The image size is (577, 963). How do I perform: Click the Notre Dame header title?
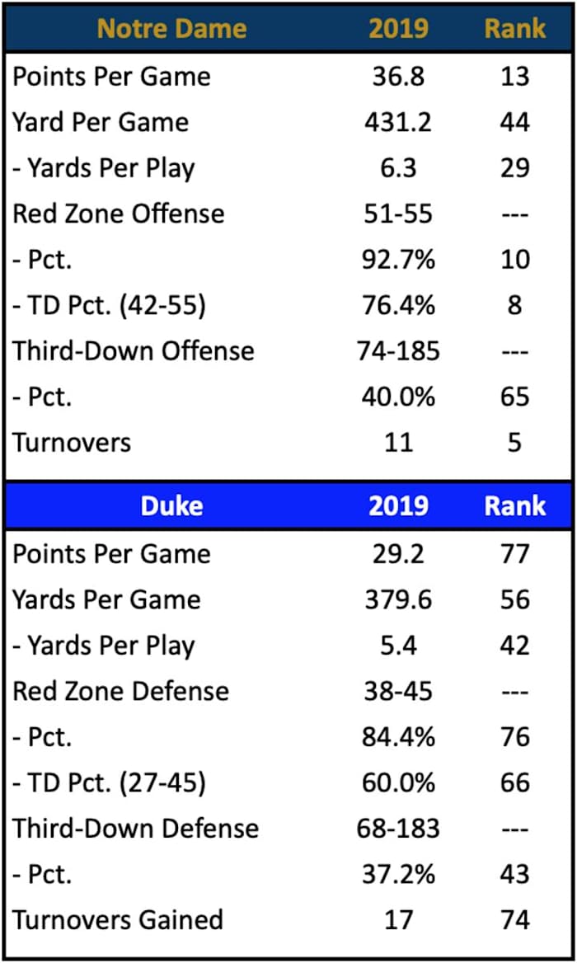point(172,28)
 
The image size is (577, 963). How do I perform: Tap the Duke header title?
point(172,505)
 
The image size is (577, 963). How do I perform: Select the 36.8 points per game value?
point(398,77)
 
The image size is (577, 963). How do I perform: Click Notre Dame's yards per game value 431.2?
point(398,122)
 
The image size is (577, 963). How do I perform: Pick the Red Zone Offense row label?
point(118,214)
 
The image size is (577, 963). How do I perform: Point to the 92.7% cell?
point(398,260)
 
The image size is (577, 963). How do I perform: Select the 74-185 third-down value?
point(399,351)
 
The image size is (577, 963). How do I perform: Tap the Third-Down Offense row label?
point(134,351)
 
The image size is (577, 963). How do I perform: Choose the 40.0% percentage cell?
point(398,397)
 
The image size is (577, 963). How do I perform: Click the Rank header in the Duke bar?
point(514,505)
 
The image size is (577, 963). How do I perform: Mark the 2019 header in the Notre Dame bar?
point(398,28)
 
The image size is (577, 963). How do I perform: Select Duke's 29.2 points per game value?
point(398,553)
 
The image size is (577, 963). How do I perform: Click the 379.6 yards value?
point(398,599)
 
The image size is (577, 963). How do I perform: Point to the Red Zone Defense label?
point(120,691)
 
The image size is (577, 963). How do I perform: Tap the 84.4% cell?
point(398,736)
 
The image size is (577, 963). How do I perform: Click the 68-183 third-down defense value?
point(399,828)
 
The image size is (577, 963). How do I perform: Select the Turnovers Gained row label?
point(118,919)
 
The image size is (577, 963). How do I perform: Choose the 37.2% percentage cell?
point(398,873)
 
